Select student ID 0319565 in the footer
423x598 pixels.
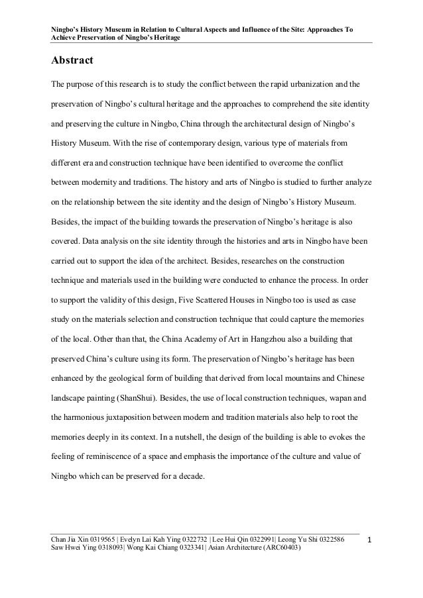pos(99,540)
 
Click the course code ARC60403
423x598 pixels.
pos(280,550)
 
